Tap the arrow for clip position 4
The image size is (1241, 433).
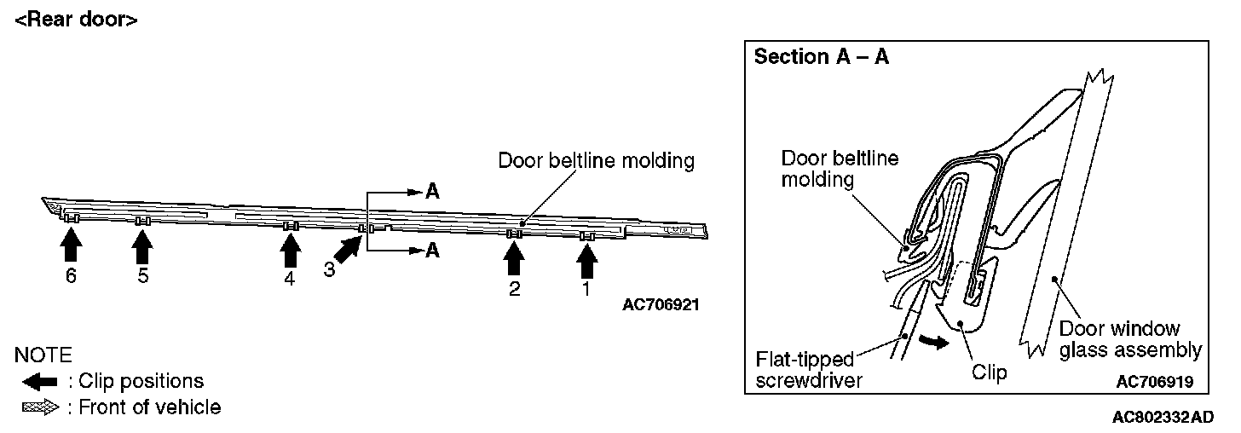(x=291, y=250)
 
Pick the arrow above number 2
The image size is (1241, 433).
(x=513, y=257)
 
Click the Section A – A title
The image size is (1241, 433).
(x=823, y=57)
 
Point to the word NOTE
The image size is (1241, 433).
(x=43, y=355)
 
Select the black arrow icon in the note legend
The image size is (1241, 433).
(x=39, y=382)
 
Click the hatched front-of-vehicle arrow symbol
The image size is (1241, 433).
(x=39, y=408)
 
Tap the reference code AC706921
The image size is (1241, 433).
(x=661, y=304)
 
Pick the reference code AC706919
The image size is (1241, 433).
(x=1154, y=382)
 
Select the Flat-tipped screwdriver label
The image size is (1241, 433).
(x=809, y=368)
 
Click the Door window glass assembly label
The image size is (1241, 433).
(x=1129, y=339)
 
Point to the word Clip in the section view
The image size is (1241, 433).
(x=989, y=372)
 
